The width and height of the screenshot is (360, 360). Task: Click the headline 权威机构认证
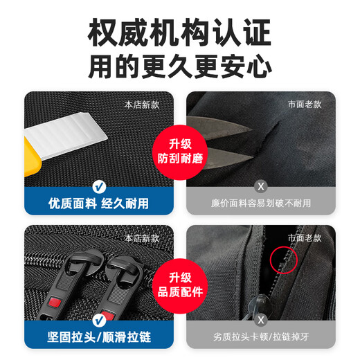[x=180, y=33]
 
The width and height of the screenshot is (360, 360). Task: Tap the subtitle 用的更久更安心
[x=180, y=67]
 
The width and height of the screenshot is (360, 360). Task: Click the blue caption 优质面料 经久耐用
[x=98, y=204]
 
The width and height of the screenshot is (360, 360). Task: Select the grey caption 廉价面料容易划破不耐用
[x=261, y=204]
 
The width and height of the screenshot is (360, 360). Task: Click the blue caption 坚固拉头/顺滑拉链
[x=98, y=338]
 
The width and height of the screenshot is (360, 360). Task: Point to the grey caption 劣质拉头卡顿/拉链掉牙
[x=261, y=338]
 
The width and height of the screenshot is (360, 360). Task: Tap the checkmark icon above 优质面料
[x=98, y=186]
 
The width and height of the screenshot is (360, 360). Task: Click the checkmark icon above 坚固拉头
[x=98, y=320]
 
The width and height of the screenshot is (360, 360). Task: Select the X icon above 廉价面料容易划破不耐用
[x=261, y=186]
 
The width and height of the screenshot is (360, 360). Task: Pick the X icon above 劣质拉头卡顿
[x=261, y=320]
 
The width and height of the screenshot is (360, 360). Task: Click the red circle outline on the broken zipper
[x=284, y=258]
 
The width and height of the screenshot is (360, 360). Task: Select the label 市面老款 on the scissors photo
[x=305, y=105]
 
